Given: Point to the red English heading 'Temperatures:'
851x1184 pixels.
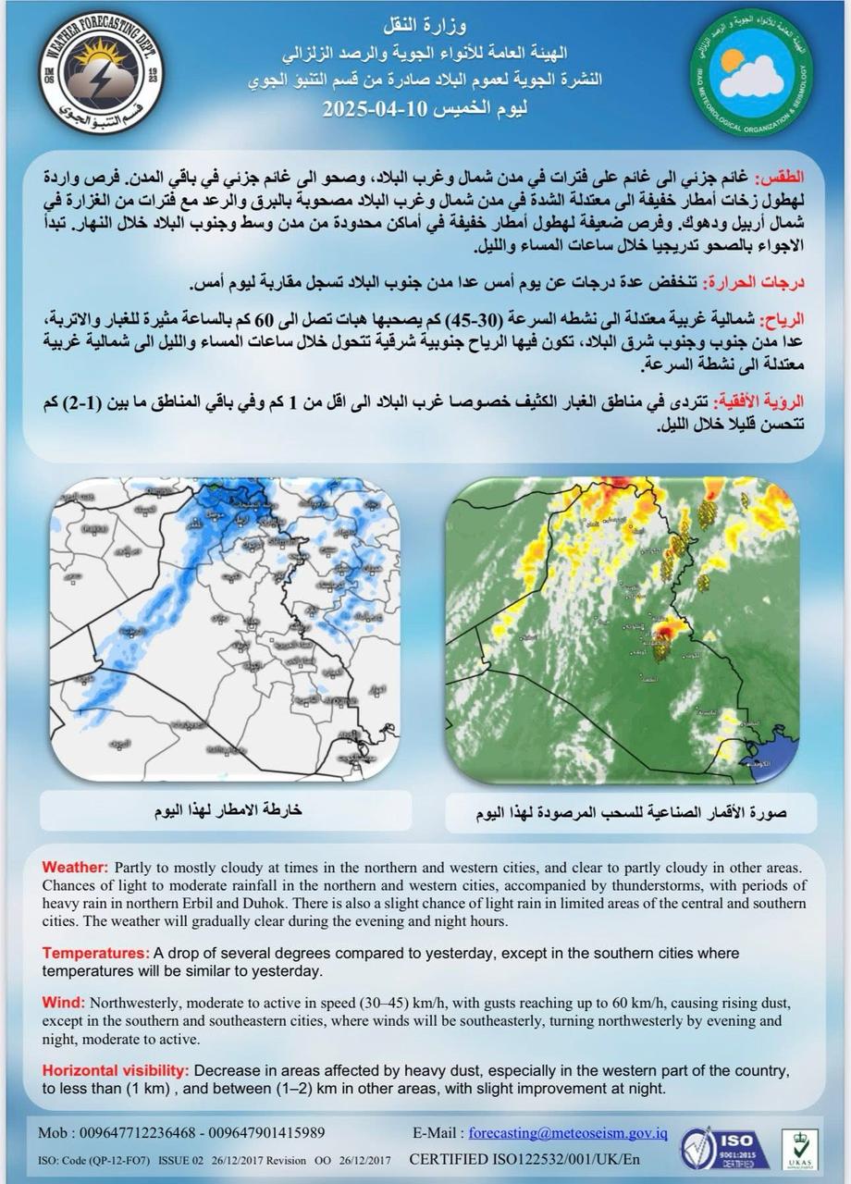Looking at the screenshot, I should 96,953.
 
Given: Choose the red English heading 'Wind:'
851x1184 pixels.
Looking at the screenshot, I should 64,1003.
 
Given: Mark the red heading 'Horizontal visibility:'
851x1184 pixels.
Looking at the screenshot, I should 116,1070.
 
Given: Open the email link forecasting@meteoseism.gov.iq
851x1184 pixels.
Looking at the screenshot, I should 568,1132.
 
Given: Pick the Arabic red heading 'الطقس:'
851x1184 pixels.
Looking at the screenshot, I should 782,177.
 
